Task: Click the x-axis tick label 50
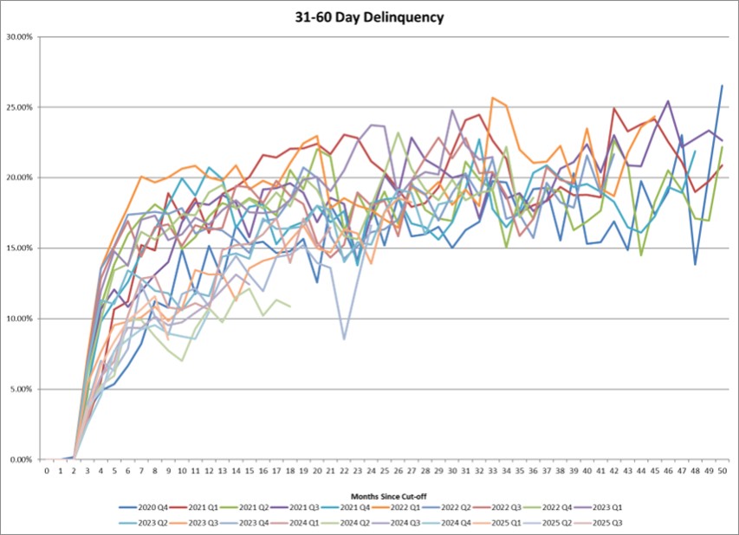coord(722,472)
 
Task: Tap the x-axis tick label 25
coord(384,472)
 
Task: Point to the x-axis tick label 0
coord(47,472)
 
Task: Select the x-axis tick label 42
coord(613,472)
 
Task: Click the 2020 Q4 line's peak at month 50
coord(722,86)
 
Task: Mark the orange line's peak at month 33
coord(492,98)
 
